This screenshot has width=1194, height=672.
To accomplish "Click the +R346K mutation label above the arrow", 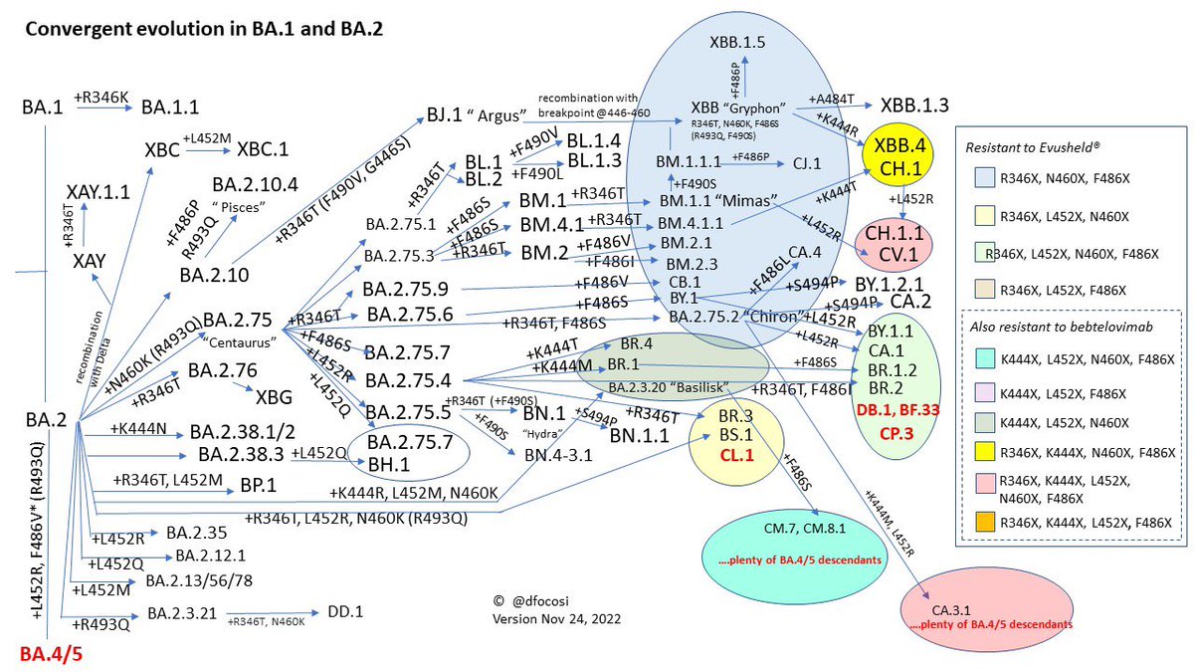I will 103,97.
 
